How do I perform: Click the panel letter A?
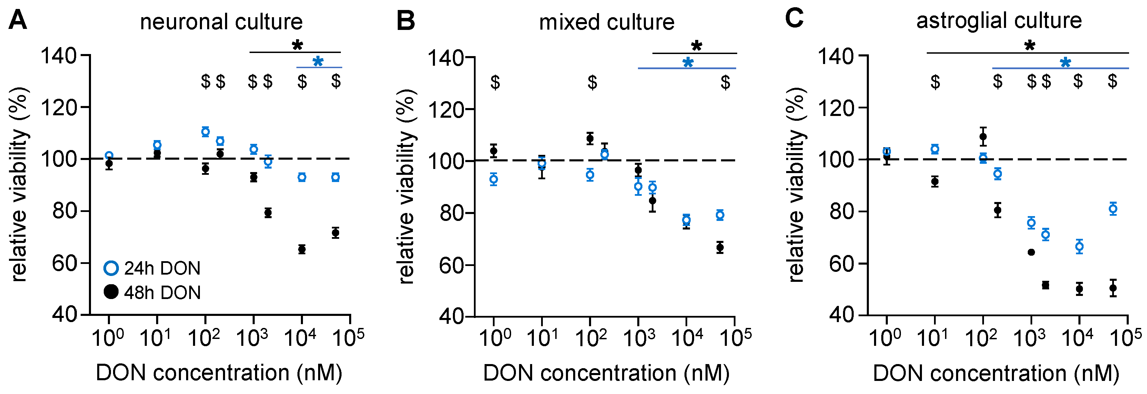coord(18,20)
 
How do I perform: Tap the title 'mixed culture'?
coord(607,22)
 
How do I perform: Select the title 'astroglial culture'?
coord(999,20)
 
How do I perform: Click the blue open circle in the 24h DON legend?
coord(111,268)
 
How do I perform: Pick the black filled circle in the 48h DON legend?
coord(111,292)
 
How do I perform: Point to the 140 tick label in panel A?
coord(58,56)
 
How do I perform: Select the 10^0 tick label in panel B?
coord(495,338)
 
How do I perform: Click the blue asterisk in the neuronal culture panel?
coord(318,62)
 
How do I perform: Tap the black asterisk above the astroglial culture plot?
coord(1029,45)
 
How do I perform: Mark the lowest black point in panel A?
coord(302,249)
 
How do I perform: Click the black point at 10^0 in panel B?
coord(493,151)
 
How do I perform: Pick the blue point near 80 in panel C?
coord(1113,209)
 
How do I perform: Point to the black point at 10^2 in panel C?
coord(983,137)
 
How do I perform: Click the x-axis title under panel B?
coord(607,373)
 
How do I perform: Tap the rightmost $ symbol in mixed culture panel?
coord(725,82)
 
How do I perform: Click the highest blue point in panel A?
coord(205,132)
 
